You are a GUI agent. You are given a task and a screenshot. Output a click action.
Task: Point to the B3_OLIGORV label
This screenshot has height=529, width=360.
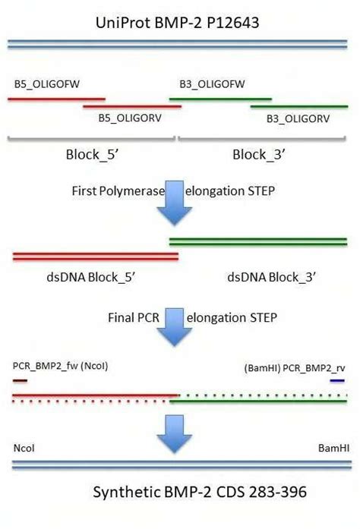coord(298,119)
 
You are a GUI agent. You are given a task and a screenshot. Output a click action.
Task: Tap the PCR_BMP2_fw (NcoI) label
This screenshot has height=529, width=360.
coord(55,366)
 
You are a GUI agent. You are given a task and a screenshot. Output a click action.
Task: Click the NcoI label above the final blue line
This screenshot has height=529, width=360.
coord(24,449)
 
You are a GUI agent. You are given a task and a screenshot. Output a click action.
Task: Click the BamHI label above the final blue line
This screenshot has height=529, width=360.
coord(333,449)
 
